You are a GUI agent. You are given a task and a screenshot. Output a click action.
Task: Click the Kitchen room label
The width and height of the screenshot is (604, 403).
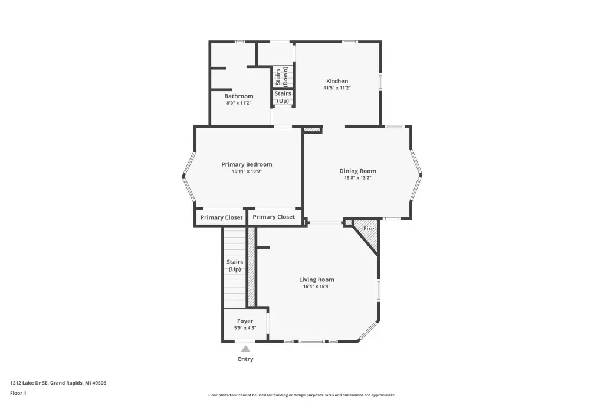(x=337, y=81)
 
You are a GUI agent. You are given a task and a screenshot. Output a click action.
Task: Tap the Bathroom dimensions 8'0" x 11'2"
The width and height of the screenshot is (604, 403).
(x=239, y=103)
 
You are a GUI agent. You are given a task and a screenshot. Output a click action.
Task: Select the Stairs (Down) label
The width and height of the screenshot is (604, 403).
(x=281, y=77)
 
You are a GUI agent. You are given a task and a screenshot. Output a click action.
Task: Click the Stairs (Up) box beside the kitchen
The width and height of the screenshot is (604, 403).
(x=283, y=97)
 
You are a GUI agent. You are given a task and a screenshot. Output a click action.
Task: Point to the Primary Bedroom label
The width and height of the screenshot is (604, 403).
(x=247, y=164)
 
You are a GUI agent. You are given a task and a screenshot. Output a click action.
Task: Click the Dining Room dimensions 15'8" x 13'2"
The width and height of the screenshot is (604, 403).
(x=357, y=178)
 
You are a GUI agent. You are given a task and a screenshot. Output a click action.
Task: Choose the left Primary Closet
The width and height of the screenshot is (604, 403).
(x=222, y=217)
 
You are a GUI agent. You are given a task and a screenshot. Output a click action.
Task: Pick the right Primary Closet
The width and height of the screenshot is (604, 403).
(x=274, y=217)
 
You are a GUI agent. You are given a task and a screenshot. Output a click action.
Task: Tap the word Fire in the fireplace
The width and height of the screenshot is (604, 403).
(x=369, y=229)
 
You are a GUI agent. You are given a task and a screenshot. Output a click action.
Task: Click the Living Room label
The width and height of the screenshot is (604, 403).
(x=317, y=279)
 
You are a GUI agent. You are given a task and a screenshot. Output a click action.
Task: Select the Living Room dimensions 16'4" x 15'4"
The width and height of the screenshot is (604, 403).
(x=317, y=287)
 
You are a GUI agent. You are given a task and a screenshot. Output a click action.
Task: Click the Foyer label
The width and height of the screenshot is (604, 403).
(x=245, y=321)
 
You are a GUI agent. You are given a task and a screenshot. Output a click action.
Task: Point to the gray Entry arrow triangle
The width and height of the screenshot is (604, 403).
(x=246, y=349)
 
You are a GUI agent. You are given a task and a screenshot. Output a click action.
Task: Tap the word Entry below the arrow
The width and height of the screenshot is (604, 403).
(x=246, y=359)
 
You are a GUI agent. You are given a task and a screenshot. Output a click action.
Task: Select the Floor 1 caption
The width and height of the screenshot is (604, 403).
(x=18, y=393)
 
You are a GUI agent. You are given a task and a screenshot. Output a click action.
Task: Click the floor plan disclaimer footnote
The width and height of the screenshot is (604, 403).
(x=302, y=395)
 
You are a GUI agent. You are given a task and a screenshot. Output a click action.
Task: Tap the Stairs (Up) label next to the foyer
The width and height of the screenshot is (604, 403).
(x=235, y=265)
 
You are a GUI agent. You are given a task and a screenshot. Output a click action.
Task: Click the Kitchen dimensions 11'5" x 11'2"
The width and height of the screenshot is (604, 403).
(x=337, y=88)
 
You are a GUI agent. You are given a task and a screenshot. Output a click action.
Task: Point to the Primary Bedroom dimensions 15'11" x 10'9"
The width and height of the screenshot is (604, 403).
(x=247, y=171)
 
